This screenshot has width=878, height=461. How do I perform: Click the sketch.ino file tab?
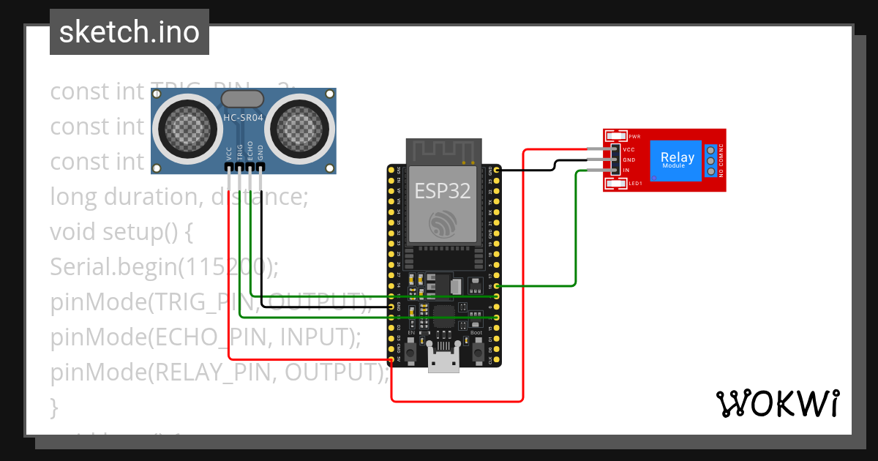(x=129, y=32)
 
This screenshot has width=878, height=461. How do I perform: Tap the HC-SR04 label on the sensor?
(x=243, y=118)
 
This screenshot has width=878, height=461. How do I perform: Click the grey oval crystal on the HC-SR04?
(x=242, y=99)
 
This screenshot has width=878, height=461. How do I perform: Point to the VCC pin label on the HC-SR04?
(x=230, y=152)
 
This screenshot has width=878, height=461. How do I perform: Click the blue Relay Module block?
(x=676, y=160)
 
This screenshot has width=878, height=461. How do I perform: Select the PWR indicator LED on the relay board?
(x=616, y=137)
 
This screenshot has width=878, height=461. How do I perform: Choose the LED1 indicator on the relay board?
(x=616, y=183)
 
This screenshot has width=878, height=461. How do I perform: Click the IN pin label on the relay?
(x=626, y=170)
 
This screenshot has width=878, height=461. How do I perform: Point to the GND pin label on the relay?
(x=629, y=160)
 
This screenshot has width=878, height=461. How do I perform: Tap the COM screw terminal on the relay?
(x=710, y=160)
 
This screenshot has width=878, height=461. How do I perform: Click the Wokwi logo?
(x=777, y=403)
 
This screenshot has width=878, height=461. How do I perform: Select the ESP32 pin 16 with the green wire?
(x=497, y=285)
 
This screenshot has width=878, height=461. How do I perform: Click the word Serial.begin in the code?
(x=113, y=267)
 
